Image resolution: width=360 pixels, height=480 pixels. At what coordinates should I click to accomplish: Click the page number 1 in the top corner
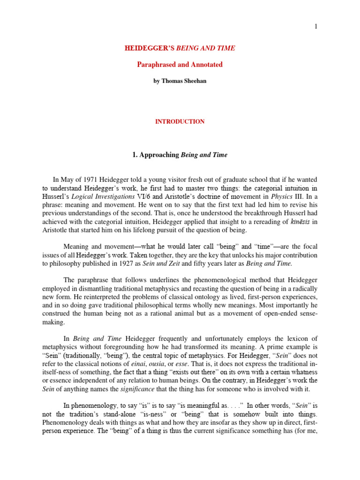[x=316, y=26]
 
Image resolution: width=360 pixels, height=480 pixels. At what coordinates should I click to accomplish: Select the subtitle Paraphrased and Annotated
[x=180, y=65]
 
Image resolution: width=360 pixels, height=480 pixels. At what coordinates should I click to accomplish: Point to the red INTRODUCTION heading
[x=180, y=121]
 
